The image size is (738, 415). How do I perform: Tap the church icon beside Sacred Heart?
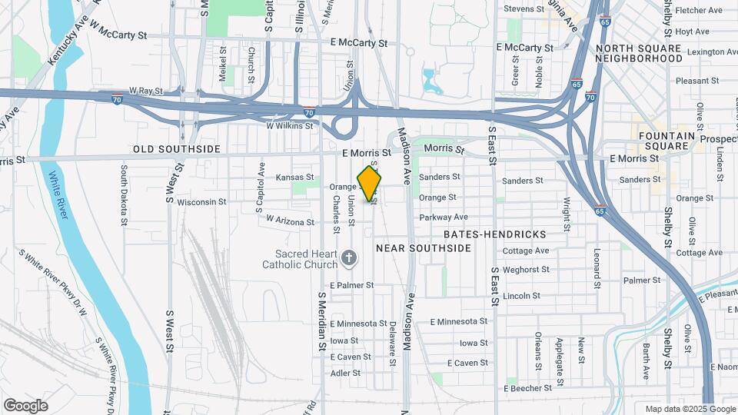[350, 258]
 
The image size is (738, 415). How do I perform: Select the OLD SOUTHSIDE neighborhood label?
[177, 149]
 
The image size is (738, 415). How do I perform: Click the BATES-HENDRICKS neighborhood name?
[495, 234]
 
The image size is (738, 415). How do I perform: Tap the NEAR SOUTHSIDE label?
[423, 248]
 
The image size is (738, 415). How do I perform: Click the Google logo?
[25, 406]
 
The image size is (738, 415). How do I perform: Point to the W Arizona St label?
[291, 221]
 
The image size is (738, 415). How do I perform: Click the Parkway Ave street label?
[444, 217]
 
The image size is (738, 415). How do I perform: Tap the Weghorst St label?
[525, 270]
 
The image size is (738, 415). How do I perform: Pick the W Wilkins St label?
[291, 125]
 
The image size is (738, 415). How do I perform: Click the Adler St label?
[345, 373]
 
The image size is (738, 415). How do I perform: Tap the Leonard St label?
[597, 264]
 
